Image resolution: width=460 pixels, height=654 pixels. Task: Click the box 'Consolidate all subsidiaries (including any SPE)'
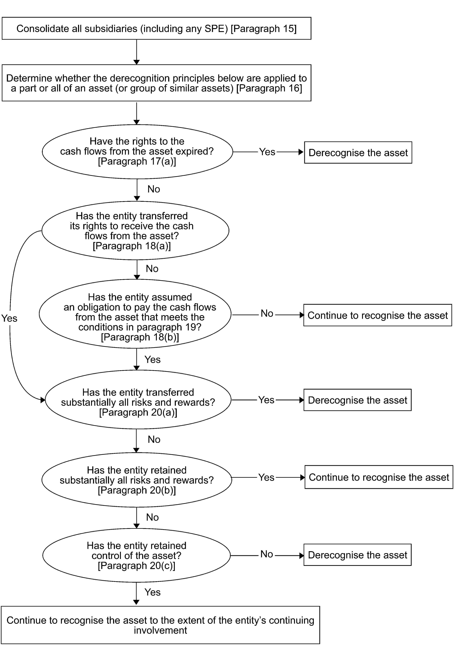pyautogui.click(x=157, y=28)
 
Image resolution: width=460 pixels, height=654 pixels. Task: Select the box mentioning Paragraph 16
pyautogui.click(x=157, y=83)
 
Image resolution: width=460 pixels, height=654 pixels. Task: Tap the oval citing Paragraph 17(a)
pyautogui.click(x=137, y=152)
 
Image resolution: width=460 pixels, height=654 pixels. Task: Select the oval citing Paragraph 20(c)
pyautogui.click(x=136, y=555)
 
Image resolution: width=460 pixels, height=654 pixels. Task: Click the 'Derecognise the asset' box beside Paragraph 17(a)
pyautogui.click(x=358, y=152)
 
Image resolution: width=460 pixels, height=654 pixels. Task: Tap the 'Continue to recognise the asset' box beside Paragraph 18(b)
pyautogui.click(x=378, y=315)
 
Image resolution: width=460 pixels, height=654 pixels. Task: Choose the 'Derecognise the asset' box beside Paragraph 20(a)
pyautogui.click(x=357, y=400)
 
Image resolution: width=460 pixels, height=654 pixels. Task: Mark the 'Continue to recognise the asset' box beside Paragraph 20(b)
pyautogui.click(x=379, y=477)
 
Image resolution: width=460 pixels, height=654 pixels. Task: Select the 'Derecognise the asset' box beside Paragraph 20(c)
pyautogui.click(x=357, y=555)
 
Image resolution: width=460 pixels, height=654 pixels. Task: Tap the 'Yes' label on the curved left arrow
pyautogui.click(x=9, y=318)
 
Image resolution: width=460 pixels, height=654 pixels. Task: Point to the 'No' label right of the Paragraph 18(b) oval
pyautogui.click(x=267, y=313)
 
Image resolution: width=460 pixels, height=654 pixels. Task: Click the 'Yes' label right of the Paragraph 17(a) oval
pyautogui.click(x=267, y=152)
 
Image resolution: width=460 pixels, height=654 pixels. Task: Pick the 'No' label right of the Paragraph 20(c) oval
pyautogui.click(x=267, y=554)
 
